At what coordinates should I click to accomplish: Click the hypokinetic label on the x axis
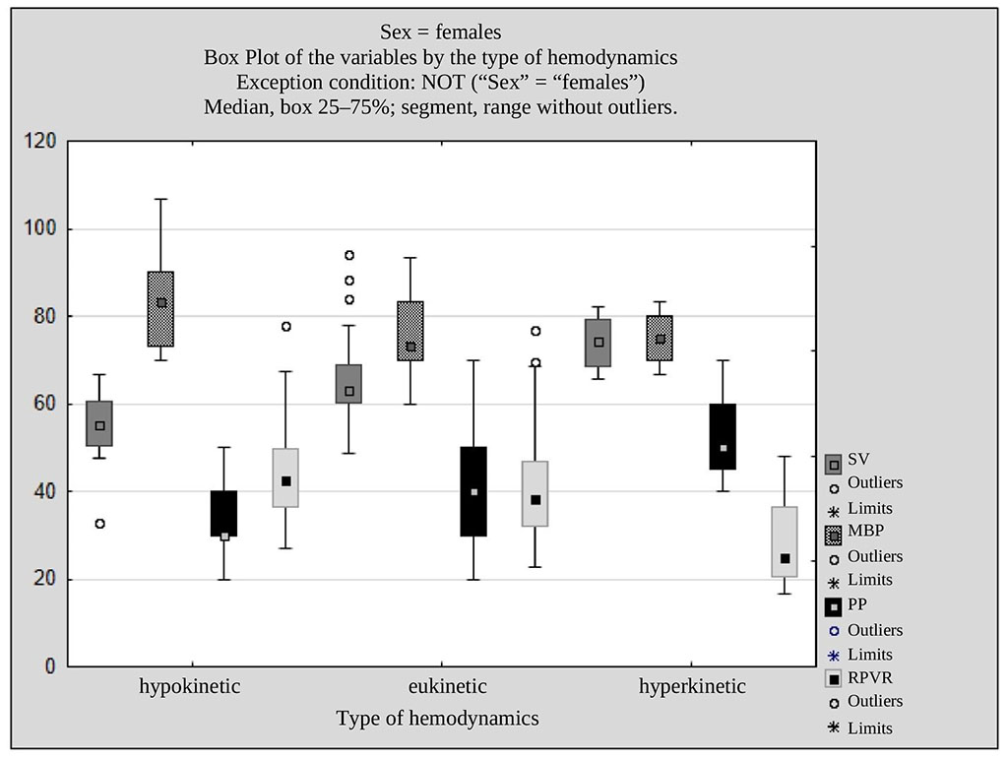click(x=190, y=686)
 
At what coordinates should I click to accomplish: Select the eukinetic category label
click(x=447, y=686)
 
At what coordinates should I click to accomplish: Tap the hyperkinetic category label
click(x=692, y=686)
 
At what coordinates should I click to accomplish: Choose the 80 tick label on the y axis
click(x=42, y=317)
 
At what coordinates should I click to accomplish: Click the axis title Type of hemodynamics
click(x=437, y=718)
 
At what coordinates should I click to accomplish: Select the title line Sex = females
click(x=440, y=33)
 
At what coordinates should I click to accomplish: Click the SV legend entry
click(x=858, y=459)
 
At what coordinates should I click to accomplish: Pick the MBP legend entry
click(x=864, y=531)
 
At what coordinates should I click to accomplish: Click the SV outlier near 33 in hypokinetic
click(x=99, y=524)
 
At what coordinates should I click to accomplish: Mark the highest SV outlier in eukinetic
click(x=348, y=255)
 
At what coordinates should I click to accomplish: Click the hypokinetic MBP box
click(x=161, y=309)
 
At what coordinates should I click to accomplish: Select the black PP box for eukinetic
click(x=473, y=491)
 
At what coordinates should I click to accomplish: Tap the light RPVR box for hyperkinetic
click(x=785, y=541)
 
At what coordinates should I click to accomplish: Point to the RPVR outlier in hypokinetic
click(x=286, y=326)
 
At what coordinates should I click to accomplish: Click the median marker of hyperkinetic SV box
click(x=598, y=343)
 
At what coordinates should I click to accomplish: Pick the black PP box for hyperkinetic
click(x=724, y=436)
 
